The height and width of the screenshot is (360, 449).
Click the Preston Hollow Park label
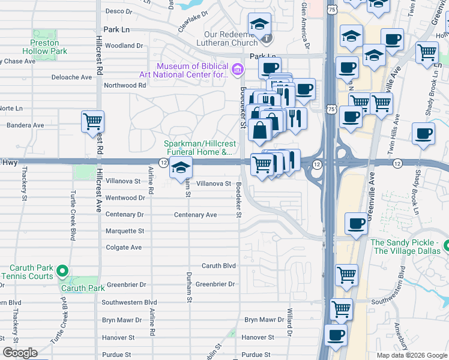45,47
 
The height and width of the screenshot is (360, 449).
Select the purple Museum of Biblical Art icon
237,70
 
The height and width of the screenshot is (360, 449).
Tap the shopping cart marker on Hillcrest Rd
93,122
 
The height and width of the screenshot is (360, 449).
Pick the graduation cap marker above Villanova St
181,169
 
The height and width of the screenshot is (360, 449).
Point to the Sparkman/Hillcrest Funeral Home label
198,148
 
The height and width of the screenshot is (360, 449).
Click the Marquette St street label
125,231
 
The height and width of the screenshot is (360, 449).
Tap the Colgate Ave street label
124,247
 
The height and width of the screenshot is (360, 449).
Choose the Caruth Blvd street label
218,265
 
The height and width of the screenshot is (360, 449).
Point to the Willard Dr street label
289,323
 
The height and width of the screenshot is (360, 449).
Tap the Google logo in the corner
20,353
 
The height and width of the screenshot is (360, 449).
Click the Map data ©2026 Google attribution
411,355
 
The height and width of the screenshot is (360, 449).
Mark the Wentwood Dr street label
125,197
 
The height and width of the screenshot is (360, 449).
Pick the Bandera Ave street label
25,125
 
